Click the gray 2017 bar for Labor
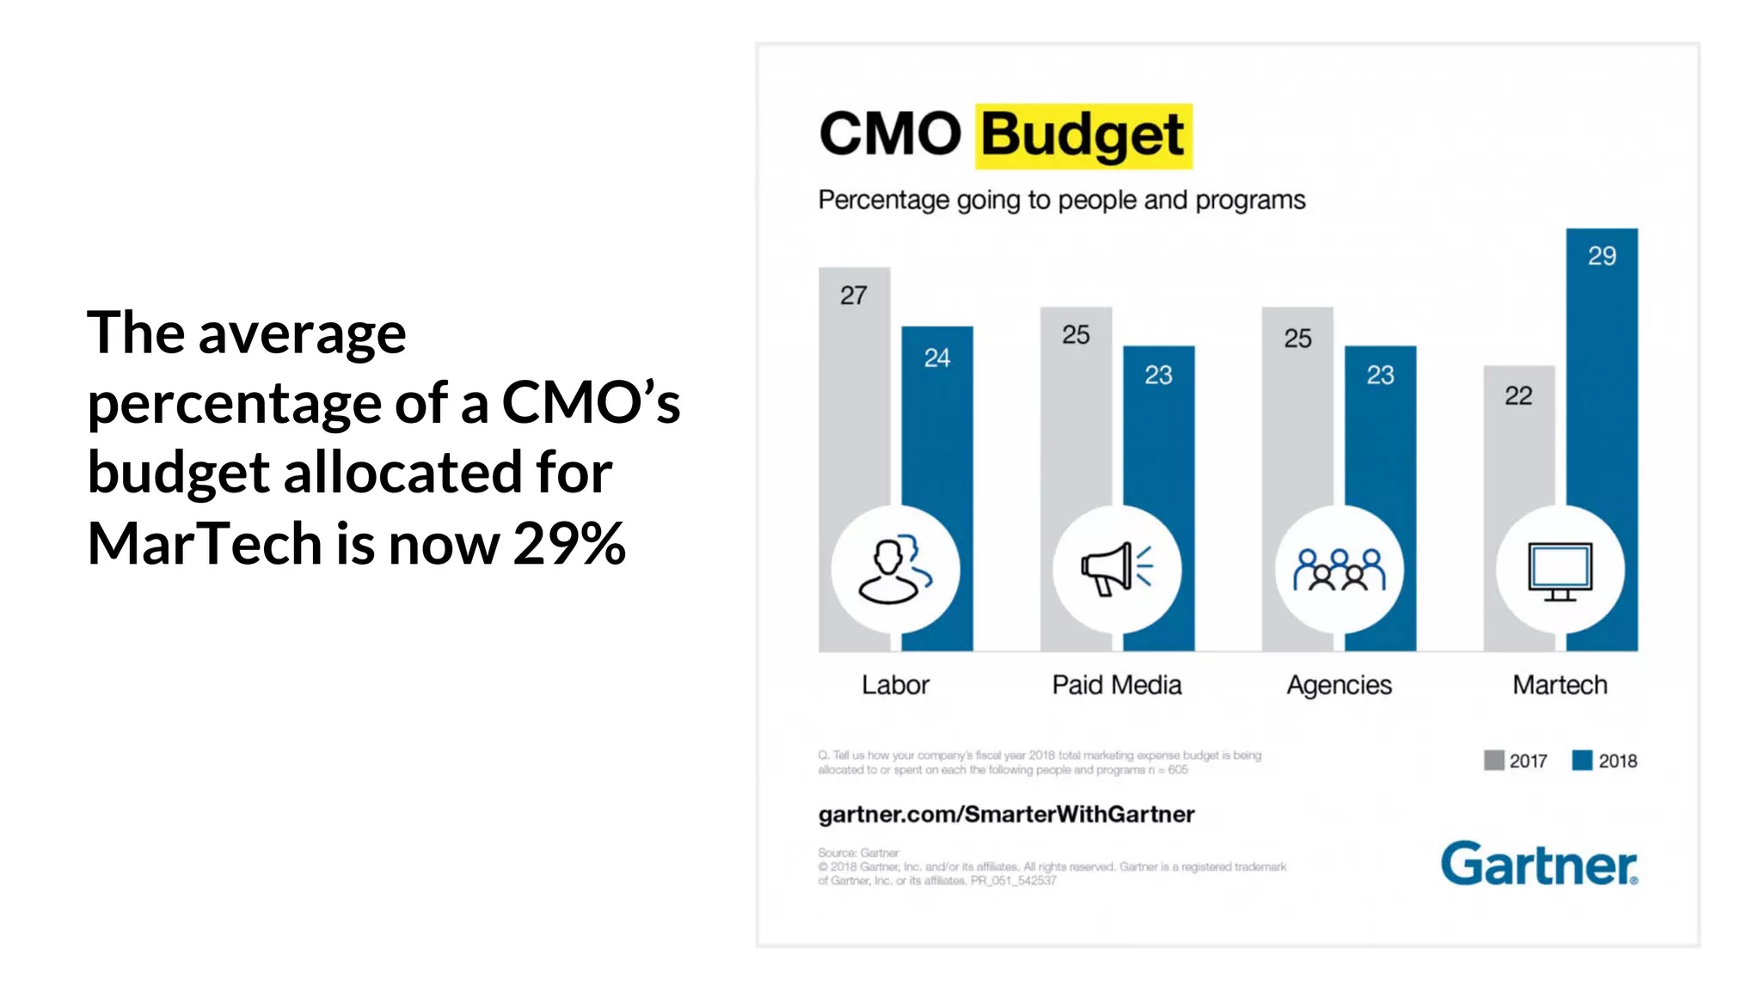(853, 404)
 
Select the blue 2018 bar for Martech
(1601, 387)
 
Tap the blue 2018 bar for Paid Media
(1158, 438)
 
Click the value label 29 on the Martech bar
(1601, 256)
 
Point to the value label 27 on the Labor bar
(853, 296)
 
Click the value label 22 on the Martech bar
(1519, 396)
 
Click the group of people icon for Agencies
(1339, 570)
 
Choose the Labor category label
(895, 685)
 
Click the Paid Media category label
(1116, 685)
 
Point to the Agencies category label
(1339, 685)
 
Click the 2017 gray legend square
(1494, 761)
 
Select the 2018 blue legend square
(1581, 761)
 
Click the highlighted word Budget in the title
(1083, 136)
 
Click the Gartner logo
(1539, 864)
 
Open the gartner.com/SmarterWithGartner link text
(1006, 815)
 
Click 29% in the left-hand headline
(569, 543)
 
